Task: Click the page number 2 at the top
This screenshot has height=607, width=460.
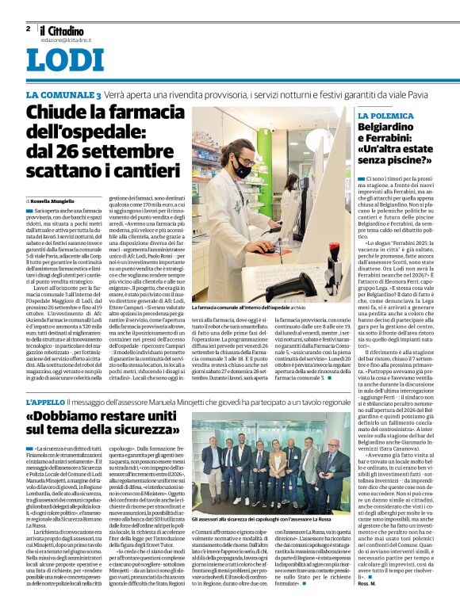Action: point(28,28)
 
